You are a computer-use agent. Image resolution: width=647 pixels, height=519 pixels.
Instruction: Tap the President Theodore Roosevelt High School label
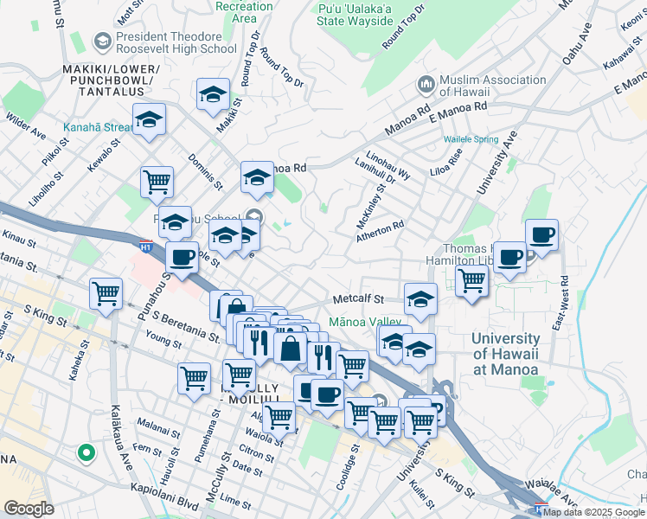[x=167, y=43]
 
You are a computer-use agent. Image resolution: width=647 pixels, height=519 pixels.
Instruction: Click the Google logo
[x=29, y=509]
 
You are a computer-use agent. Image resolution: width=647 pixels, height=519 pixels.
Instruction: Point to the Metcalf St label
[x=359, y=299]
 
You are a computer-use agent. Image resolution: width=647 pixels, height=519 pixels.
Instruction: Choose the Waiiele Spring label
[x=471, y=139]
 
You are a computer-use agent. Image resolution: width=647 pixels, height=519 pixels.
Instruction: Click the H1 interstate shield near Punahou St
[x=147, y=246]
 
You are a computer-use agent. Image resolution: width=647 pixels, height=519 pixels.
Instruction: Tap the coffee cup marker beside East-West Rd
[x=541, y=234]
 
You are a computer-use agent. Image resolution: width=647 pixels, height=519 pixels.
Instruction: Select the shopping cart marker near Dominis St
[x=157, y=182]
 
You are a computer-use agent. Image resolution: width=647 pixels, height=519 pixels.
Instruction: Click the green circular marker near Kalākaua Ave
[x=86, y=452]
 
